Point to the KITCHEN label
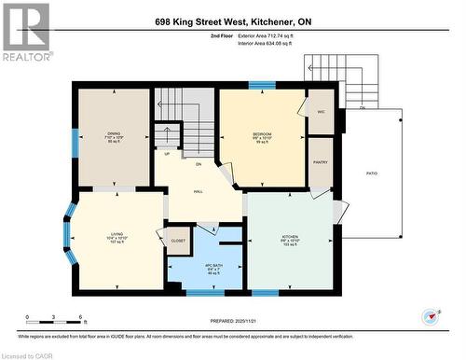click(290, 237)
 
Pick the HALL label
click(198, 190)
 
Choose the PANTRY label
click(321, 160)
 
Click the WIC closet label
click(321, 111)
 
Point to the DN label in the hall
click(198, 163)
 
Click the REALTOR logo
click(25, 31)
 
